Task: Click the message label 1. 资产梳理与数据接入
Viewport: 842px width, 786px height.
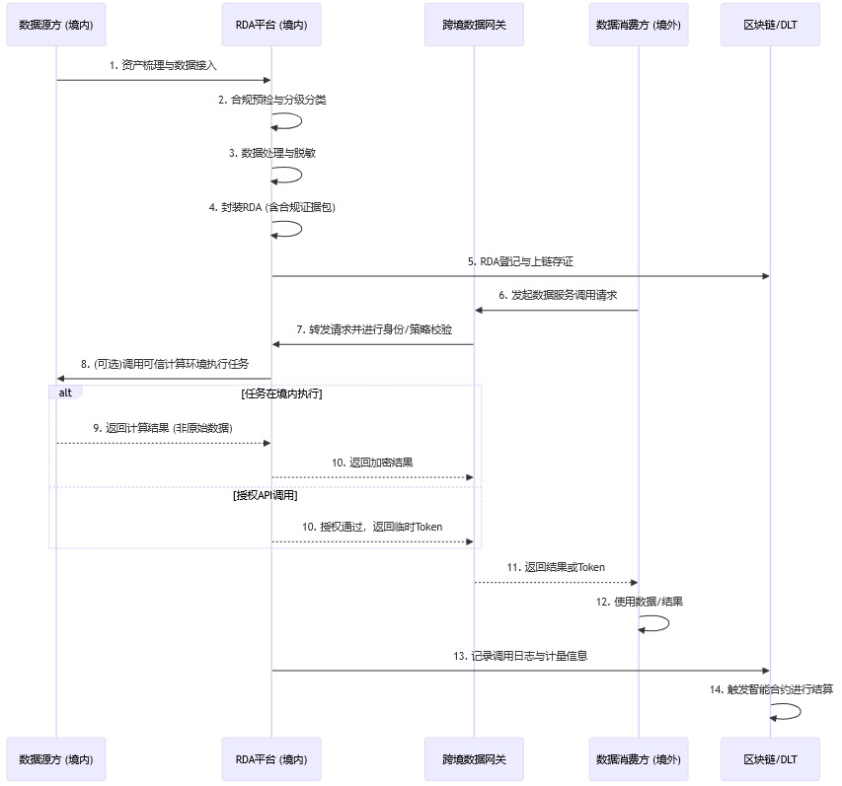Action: (163, 65)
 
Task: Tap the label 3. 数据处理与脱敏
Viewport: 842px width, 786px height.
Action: (271, 154)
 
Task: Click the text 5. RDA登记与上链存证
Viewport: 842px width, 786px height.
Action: (520, 261)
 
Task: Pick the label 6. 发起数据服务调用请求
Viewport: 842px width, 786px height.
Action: (557, 295)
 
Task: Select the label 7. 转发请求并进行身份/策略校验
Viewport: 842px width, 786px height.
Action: (373, 329)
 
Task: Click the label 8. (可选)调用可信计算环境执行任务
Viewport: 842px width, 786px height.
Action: (164, 364)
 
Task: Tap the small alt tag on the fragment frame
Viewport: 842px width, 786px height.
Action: (65, 393)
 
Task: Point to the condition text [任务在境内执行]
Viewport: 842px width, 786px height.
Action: (281, 393)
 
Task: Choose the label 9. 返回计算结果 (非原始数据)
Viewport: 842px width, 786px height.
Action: (163, 428)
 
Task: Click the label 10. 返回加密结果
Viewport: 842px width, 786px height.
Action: (372, 463)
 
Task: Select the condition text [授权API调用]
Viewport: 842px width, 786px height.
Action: (266, 495)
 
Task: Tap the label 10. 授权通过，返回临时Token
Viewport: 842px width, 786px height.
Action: (373, 527)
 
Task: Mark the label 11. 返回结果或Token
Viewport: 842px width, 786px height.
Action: (556, 567)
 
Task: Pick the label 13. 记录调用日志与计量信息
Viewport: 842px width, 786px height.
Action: (520, 656)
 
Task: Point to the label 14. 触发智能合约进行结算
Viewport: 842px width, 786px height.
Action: (770, 689)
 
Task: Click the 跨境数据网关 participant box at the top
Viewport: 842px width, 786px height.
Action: (474, 25)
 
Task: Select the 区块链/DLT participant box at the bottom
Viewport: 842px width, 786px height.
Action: (770, 759)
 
